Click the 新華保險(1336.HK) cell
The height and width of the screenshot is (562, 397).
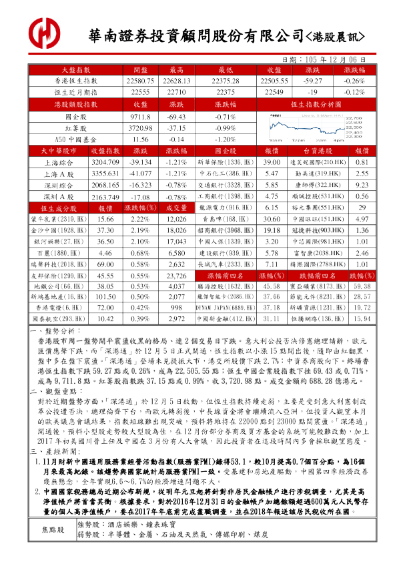[x=224, y=162]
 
